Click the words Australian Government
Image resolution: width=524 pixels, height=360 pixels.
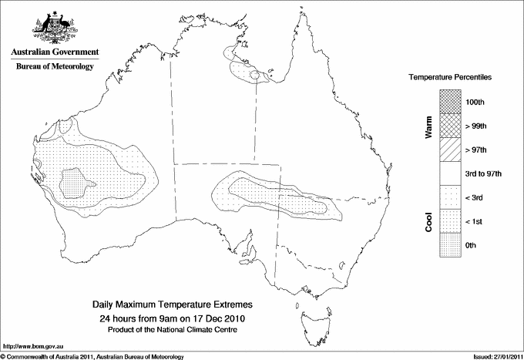point(55,52)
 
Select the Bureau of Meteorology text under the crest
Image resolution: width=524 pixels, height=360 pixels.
point(55,66)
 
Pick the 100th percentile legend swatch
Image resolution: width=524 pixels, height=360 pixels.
point(450,101)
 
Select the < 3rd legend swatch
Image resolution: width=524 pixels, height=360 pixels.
point(450,197)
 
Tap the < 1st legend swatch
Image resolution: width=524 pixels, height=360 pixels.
point(450,221)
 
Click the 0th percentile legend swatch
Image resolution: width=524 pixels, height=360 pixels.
point(450,245)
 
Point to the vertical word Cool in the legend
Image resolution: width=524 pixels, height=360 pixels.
point(428,221)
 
